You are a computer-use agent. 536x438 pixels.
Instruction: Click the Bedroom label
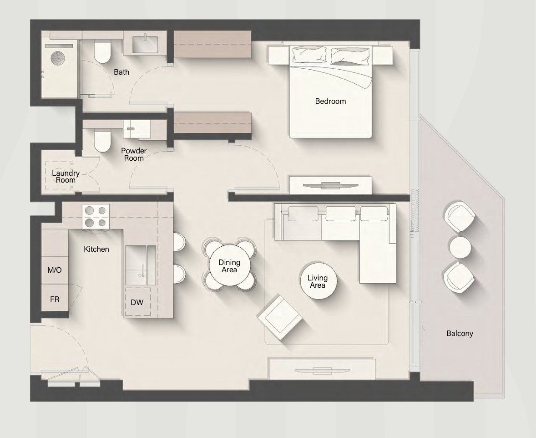(330, 101)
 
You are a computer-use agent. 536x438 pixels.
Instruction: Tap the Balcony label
(460, 333)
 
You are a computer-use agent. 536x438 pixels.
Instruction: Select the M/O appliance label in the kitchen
(55, 270)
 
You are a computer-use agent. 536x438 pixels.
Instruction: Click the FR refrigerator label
(55, 299)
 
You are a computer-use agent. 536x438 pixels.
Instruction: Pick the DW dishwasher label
(137, 302)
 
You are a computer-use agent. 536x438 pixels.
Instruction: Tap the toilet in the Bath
(102, 52)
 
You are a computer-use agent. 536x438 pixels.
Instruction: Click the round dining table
(229, 265)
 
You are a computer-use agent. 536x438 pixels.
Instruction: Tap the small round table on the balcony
(460, 247)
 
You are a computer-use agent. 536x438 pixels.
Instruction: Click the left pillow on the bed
(309, 55)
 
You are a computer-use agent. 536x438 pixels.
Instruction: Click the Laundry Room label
(66, 176)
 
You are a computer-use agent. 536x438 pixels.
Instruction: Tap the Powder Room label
(133, 154)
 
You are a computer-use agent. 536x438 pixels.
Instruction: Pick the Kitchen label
(96, 249)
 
